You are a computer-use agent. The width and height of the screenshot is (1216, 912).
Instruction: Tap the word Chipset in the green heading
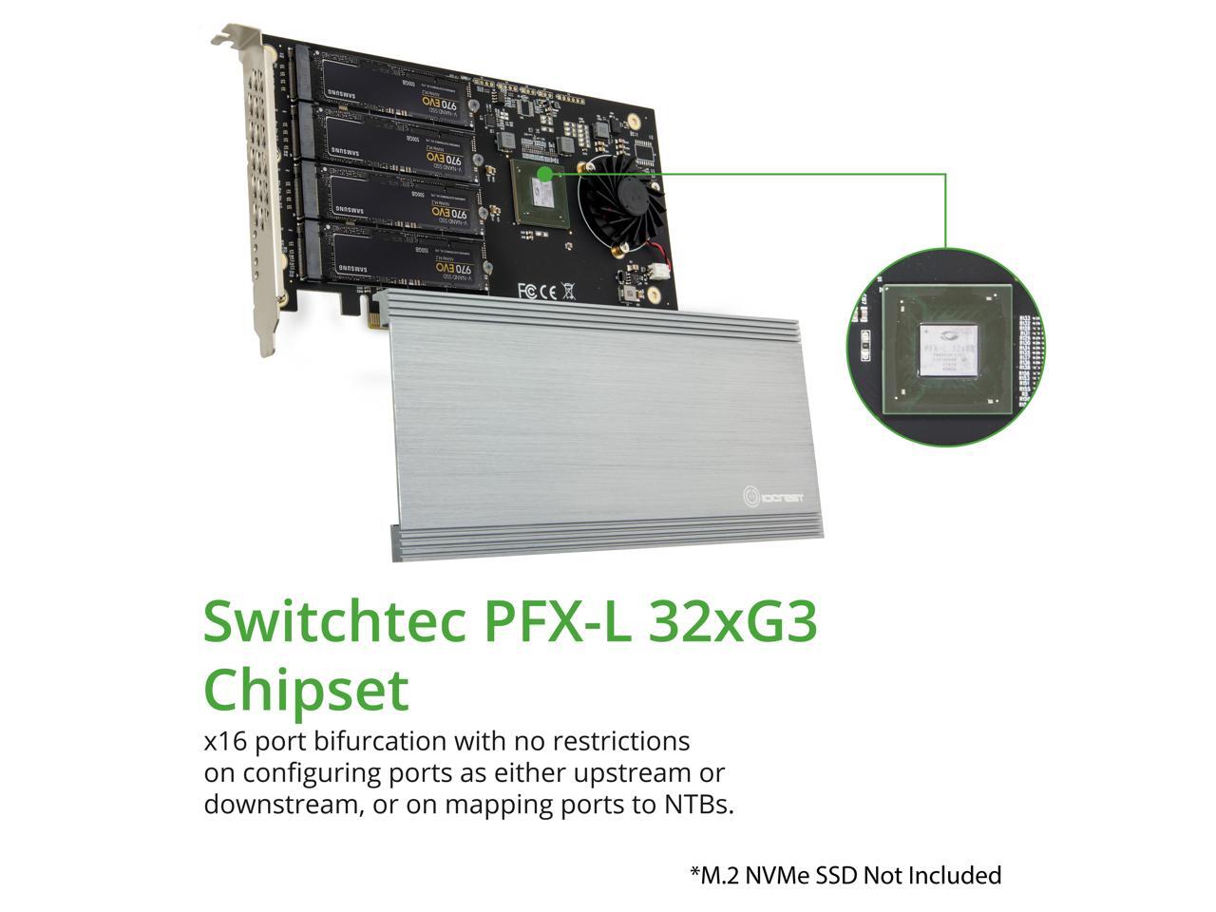[306, 692]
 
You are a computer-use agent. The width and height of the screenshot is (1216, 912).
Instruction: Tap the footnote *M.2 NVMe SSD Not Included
[845, 875]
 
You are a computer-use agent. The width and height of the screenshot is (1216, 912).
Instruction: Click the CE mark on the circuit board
[548, 291]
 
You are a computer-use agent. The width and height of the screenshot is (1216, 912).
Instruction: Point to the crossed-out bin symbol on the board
[568, 291]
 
